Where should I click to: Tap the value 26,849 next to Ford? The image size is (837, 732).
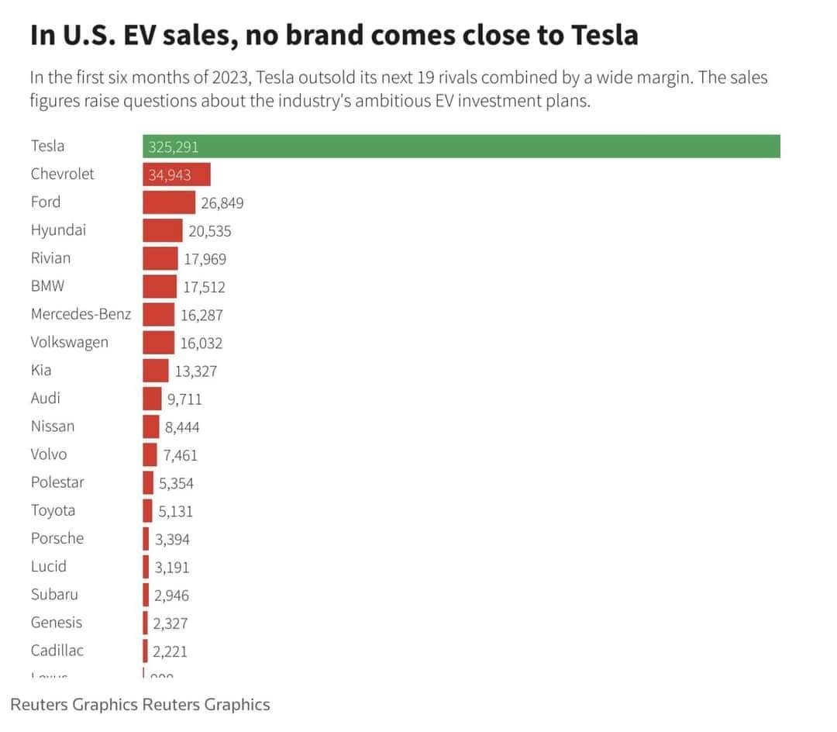point(222,203)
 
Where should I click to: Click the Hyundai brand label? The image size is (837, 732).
point(58,230)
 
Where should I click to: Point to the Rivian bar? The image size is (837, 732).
point(160,259)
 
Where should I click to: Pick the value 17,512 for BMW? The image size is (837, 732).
point(205,287)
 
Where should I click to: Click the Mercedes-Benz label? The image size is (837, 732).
point(81,314)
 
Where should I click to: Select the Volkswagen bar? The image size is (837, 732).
point(158,343)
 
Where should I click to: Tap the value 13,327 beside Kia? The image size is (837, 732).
point(196,371)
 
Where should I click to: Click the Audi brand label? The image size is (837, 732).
point(46,398)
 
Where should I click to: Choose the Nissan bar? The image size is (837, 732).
point(150,426)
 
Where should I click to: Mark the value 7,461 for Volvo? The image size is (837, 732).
point(180,455)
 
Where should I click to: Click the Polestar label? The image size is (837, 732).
point(57,482)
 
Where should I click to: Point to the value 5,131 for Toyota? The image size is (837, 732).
point(176,511)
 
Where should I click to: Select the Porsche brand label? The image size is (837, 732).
point(57,538)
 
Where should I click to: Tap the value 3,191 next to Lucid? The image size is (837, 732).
point(172,567)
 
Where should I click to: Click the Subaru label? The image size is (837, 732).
point(54,594)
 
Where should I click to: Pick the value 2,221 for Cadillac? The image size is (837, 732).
point(170,651)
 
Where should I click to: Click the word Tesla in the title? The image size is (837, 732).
point(604,35)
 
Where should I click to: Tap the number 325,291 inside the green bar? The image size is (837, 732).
point(174,147)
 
